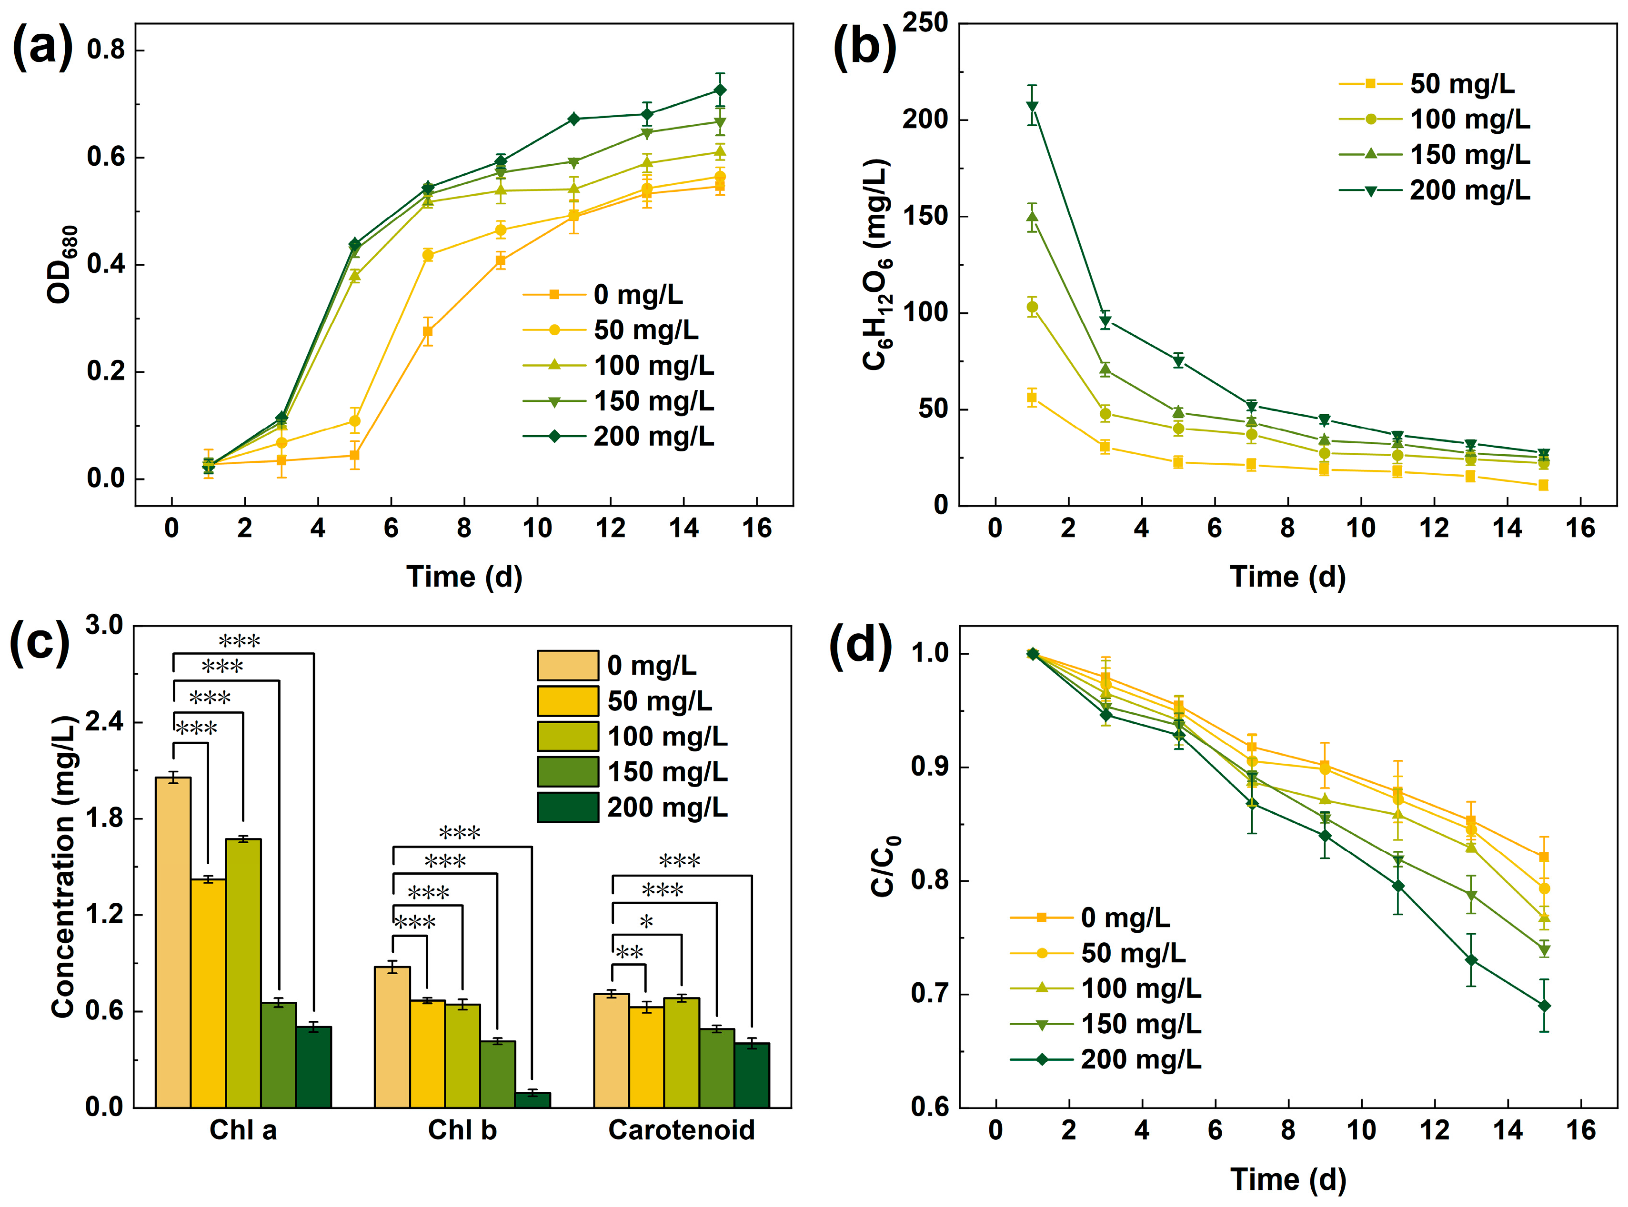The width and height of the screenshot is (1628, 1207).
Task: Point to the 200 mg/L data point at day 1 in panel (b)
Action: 1032,107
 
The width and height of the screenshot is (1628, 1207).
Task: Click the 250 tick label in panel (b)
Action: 925,23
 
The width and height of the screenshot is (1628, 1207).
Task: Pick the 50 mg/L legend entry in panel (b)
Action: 1427,84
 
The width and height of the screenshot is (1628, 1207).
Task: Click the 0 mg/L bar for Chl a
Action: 173,943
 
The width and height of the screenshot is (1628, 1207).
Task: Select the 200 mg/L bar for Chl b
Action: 533,1099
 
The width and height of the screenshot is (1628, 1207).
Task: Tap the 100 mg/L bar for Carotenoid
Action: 682,1053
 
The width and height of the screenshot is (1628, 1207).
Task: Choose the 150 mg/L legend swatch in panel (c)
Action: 568,771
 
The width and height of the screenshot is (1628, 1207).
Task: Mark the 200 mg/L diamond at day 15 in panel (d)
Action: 1544,1006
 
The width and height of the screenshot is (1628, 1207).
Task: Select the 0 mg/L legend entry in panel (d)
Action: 1090,917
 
